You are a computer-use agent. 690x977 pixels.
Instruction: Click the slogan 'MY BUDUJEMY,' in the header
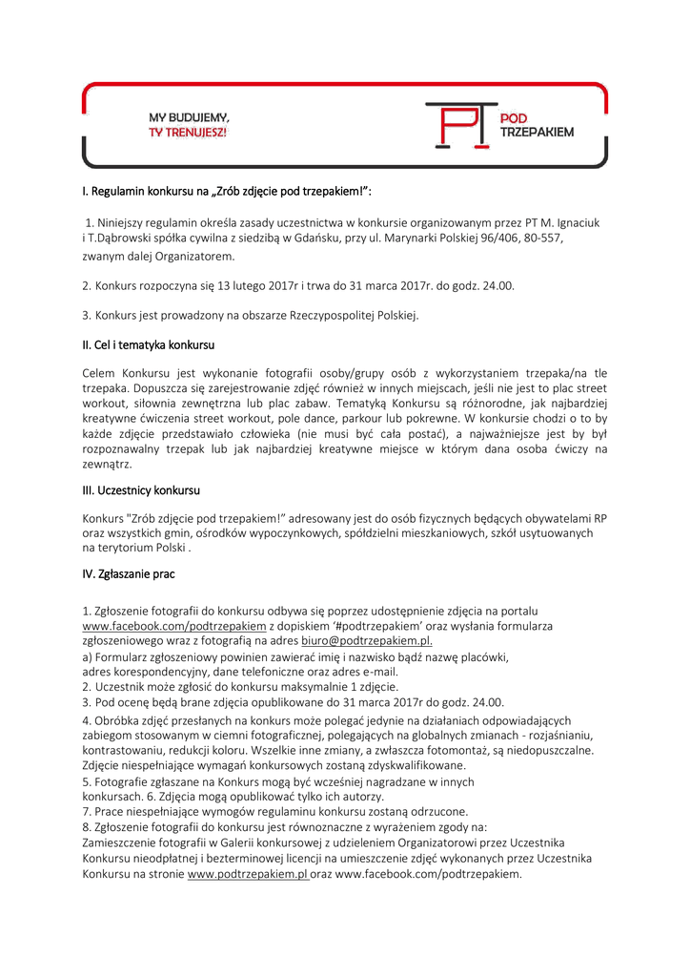pos(189,117)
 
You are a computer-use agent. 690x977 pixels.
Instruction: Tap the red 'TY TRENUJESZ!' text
pos(188,132)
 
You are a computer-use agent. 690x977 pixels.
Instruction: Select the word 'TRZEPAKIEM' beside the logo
pos(537,133)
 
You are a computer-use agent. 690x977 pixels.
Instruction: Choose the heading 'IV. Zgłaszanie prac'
pos(129,574)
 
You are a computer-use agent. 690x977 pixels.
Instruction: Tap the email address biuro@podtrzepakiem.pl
pos(367,641)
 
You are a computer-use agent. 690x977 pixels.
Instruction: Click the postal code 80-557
pos(545,239)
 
